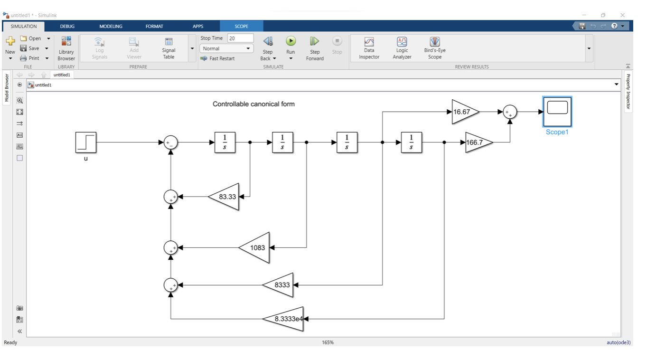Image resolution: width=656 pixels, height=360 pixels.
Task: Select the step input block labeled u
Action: click(x=86, y=142)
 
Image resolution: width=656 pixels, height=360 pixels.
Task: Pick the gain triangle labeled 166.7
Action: click(x=477, y=142)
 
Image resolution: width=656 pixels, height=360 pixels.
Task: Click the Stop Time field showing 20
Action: click(x=240, y=38)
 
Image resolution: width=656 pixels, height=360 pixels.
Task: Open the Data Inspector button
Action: click(x=369, y=47)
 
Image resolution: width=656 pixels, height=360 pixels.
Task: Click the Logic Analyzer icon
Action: click(x=402, y=47)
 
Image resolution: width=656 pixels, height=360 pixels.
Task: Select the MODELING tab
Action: click(x=111, y=27)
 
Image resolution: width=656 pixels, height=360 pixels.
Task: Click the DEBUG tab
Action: click(x=67, y=27)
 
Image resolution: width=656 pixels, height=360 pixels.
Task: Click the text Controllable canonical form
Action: click(x=253, y=104)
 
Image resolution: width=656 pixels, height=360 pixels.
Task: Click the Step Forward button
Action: click(x=315, y=47)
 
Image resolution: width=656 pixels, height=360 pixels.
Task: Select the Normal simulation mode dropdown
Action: click(x=226, y=48)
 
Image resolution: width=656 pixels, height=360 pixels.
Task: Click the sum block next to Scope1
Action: click(x=510, y=112)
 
